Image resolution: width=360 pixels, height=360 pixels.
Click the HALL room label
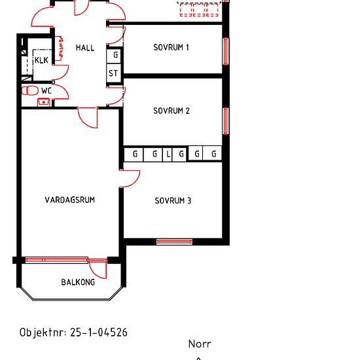pyautogui.click(x=85, y=48)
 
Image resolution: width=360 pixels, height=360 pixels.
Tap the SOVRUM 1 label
pyautogui.click(x=171, y=47)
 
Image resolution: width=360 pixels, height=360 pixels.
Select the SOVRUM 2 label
pyautogui.click(x=171, y=111)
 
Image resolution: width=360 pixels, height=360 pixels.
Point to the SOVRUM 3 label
pyautogui.click(x=173, y=201)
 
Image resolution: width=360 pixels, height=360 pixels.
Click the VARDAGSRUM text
pyautogui.click(x=70, y=200)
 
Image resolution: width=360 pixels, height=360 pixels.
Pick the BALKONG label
pyautogui.click(x=78, y=282)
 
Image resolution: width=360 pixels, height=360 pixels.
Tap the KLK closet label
pyautogui.click(x=41, y=60)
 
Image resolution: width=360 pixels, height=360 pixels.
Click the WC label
pyautogui.click(x=46, y=91)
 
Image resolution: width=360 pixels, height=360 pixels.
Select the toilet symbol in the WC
pyautogui.click(x=30, y=90)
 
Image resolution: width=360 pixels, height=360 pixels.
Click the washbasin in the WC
pyautogui.click(x=43, y=102)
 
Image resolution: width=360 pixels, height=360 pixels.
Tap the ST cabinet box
pyautogui.click(x=113, y=73)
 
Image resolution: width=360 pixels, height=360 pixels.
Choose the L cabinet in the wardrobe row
pyautogui.click(x=168, y=154)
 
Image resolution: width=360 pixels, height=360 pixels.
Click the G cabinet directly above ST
pyautogui.click(x=114, y=55)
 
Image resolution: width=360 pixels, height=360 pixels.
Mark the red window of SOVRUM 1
pyautogui.click(x=226, y=51)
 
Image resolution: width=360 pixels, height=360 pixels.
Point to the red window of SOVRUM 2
pyautogui.click(x=226, y=121)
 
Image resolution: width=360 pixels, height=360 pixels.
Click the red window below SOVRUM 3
pyautogui.click(x=174, y=242)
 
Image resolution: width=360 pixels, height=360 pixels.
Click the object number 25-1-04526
pyautogui.click(x=99, y=333)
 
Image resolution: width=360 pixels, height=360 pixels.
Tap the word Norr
pyautogui.click(x=200, y=344)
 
